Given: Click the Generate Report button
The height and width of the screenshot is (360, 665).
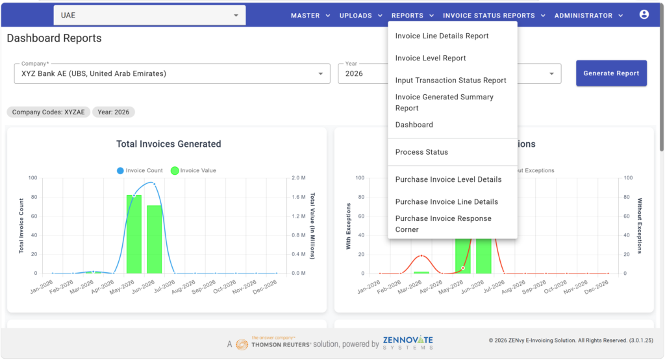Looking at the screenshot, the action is (611, 73).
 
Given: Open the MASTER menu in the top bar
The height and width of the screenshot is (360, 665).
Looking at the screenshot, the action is (310, 16).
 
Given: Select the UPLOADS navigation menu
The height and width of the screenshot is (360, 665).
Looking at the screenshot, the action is (360, 16).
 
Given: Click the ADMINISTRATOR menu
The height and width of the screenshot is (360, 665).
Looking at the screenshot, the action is (588, 16).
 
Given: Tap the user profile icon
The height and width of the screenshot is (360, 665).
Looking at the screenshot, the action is (644, 14).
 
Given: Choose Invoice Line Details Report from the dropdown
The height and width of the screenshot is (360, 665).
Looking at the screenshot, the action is (442, 36).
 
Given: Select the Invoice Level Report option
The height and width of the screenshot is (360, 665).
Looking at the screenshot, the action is (431, 58).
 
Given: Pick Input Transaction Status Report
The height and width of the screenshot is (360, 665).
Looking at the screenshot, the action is (451, 80).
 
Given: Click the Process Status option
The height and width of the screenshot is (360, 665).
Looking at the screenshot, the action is (421, 152).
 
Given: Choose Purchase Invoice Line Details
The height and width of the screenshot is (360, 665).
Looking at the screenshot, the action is (447, 201).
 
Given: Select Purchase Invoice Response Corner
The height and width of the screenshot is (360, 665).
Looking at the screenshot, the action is (443, 224).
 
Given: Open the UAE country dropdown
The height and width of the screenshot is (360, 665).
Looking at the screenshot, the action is (149, 16).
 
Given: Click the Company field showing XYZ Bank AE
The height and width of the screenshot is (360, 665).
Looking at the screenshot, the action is (172, 73).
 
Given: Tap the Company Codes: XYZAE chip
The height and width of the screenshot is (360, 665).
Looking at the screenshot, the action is (48, 112).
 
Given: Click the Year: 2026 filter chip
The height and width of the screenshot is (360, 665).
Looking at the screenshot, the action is (113, 112).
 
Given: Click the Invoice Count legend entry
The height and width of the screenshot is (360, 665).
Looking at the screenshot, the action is (140, 170).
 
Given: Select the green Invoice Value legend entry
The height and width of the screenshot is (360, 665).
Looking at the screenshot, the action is (194, 170).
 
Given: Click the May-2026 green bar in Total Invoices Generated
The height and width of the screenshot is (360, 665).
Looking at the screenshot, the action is (134, 234).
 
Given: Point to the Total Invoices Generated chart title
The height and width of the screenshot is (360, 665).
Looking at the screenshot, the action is (169, 144).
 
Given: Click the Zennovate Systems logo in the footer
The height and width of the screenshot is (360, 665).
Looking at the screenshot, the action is (408, 342).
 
